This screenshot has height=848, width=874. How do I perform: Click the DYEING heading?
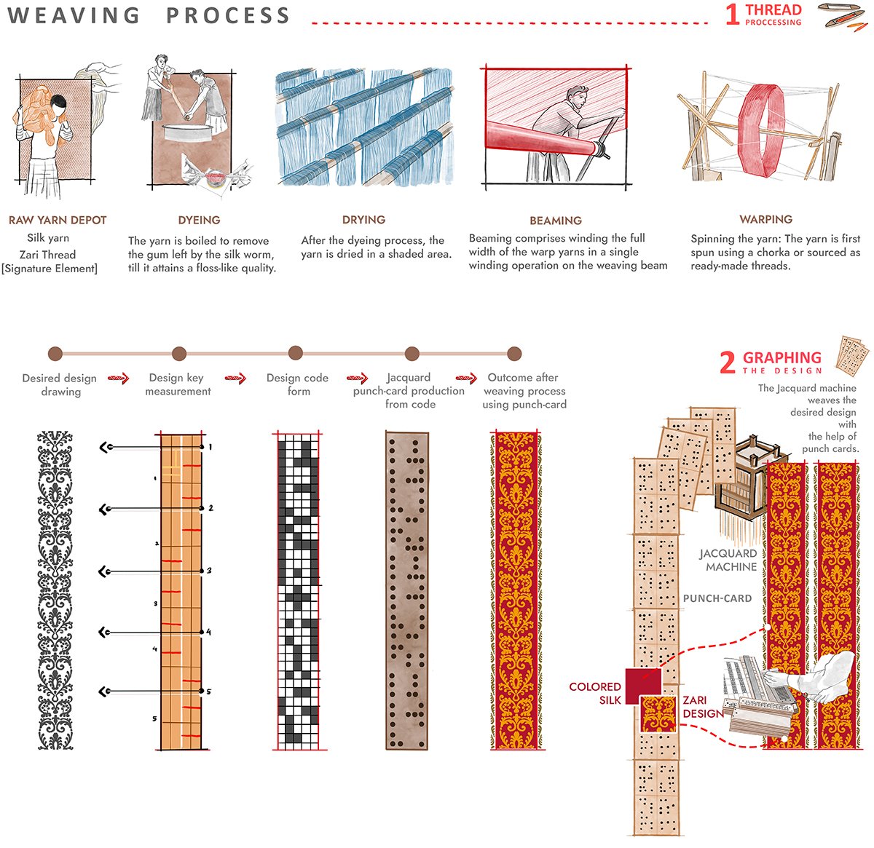tap(199, 220)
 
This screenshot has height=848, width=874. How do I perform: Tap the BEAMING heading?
tap(556, 221)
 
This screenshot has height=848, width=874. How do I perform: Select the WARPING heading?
tap(765, 219)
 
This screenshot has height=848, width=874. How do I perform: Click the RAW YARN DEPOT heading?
tap(58, 220)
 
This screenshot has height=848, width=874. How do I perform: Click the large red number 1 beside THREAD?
tap(732, 15)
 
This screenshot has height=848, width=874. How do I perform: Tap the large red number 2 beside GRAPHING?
tap(727, 362)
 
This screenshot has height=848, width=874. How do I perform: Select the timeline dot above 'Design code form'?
tap(295, 353)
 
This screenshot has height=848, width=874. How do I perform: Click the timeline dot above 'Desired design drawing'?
tap(55, 354)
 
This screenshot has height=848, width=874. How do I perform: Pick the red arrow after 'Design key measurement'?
tap(235, 378)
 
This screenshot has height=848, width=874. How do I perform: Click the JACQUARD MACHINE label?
tap(729, 560)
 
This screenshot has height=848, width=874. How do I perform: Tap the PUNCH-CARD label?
tap(717, 598)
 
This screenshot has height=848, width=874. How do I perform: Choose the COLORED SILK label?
tap(595, 693)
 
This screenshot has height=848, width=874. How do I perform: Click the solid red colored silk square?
tap(642, 682)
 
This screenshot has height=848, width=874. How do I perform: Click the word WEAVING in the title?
tap(74, 15)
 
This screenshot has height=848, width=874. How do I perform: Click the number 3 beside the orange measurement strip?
tap(209, 571)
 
